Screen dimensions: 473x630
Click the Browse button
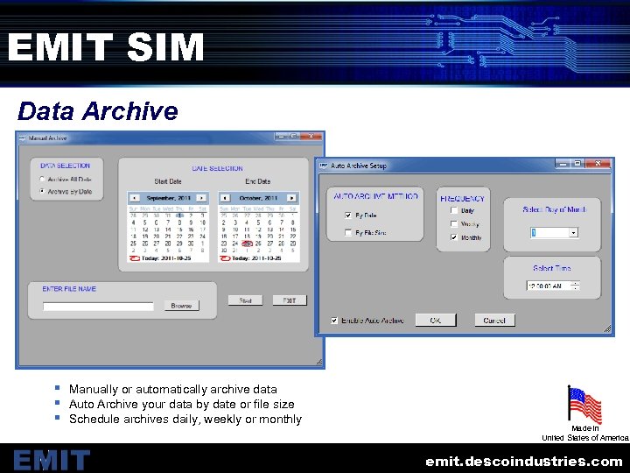[x=181, y=306]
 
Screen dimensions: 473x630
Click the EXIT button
[x=289, y=300]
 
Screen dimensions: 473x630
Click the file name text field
[x=98, y=307]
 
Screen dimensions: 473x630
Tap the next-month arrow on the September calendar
[x=201, y=198]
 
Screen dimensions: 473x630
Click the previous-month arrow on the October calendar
[x=225, y=198]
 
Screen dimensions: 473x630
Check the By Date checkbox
[x=348, y=215]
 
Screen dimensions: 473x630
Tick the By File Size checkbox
[x=348, y=233]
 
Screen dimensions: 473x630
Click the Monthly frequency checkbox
[x=453, y=237]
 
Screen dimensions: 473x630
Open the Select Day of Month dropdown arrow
[x=573, y=233]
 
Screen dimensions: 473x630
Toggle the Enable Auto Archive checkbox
[x=334, y=321]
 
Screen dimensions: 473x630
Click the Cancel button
[x=494, y=321]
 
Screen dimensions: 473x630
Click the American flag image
[x=584, y=405]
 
